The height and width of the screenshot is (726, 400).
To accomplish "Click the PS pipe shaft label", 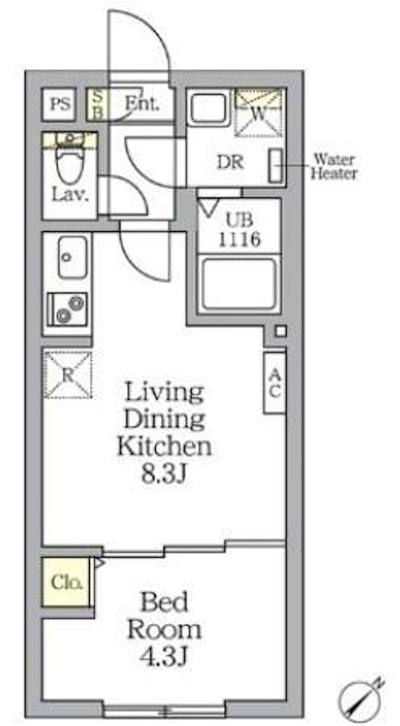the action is [60, 104].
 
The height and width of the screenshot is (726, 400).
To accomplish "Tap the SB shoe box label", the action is [97, 104].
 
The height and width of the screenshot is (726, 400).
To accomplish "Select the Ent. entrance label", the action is [142, 103].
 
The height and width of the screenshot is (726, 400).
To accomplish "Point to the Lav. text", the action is [70, 194].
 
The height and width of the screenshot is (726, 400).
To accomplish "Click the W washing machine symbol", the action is [258, 113].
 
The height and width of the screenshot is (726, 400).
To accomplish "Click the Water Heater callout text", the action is [334, 166].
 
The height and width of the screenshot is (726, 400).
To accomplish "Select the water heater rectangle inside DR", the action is [275, 165].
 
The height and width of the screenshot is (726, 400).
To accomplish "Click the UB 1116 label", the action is [239, 230].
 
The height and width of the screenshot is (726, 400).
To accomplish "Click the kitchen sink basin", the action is [72, 257].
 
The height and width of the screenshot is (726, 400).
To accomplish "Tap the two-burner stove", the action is [67, 309].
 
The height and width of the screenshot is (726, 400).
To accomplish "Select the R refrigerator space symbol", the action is [67, 374].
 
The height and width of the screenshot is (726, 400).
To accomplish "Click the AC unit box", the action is [274, 383].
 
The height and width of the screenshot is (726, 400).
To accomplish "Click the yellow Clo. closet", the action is [66, 582].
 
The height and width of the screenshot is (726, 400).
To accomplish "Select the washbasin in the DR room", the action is [207, 108].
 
